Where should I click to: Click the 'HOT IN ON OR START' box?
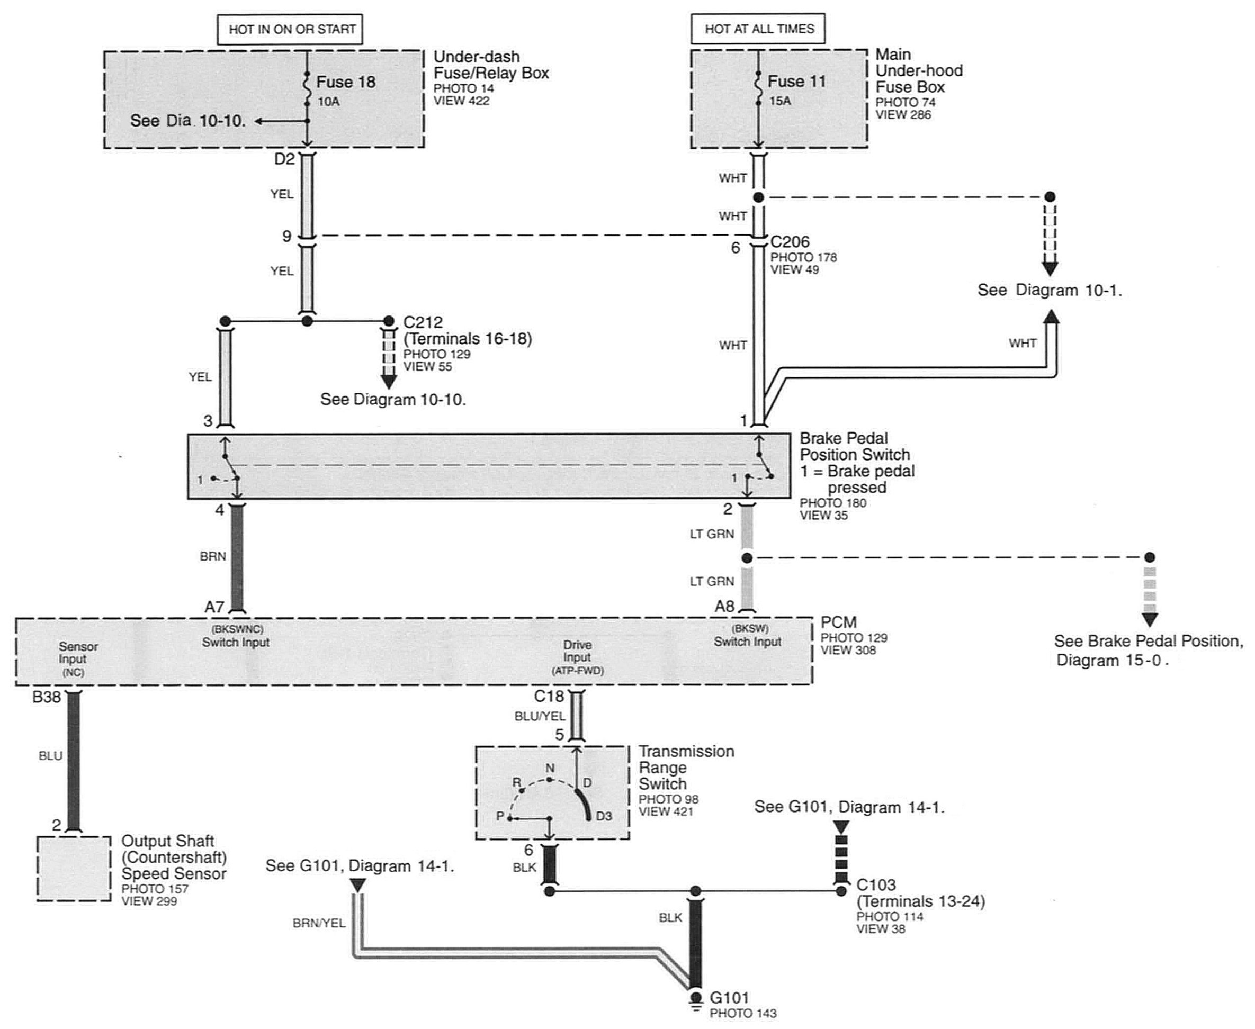pos(290,29)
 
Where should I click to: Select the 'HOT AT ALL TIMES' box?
pos(758,29)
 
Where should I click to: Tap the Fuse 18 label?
pos(346,82)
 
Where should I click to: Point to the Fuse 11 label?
pos(797,80)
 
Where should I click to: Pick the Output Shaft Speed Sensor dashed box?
pos(74,869)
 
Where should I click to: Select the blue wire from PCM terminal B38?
pos(73,761)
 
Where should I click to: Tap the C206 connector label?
pos(790,242)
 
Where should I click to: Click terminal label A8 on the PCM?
pos(724,607)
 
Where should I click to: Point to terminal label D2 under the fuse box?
pos(284,159)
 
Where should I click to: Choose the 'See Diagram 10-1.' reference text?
pos(1050,291)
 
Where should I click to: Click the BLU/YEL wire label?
pos(540,716)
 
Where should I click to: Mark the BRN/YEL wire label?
pos(319,923)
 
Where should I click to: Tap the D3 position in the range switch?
pos(604,816)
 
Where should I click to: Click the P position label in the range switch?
pos(500,816)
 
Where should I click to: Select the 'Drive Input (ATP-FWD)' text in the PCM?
pos(577,657)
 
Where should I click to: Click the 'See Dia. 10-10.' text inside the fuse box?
pos(188,121)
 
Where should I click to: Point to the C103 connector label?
pos(876,885)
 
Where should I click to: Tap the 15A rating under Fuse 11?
pos(780,101)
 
